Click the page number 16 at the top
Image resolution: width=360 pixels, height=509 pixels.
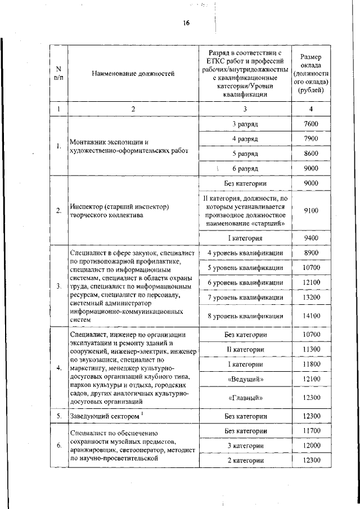coord(186,23)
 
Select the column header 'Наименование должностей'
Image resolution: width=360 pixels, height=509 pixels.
coord(133,73)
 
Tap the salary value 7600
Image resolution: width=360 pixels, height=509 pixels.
coord(310,124)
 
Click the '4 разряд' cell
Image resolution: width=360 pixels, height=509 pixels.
coord(245,139)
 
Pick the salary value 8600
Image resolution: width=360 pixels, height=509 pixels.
coord(310,154)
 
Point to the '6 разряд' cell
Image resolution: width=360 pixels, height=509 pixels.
coord(245,168)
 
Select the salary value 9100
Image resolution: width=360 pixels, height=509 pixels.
coord(310,211)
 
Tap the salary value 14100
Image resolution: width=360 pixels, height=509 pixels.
coord(310,316)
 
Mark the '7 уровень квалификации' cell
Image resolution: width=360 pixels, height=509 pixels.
coord(245,297)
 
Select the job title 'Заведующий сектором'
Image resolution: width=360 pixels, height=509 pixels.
coord(102,416)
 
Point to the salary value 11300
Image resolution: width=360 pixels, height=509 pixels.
coord(310,350)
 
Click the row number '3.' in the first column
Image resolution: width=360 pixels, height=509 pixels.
coord(58,286)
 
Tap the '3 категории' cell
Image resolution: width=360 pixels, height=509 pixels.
coord(245,445)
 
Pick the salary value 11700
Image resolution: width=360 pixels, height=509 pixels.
coord(310,431)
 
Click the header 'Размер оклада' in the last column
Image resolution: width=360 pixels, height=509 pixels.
coord(310,73)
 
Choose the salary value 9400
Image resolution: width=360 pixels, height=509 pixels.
coord(310,238)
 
